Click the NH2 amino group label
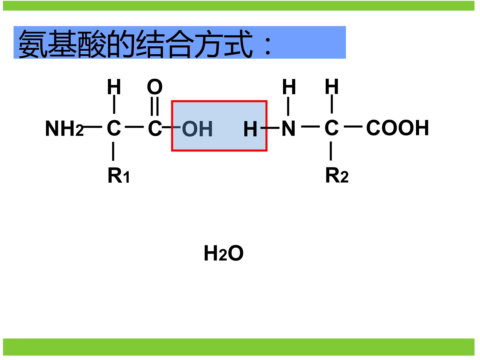pos(64,129)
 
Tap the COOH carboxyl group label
pos(398,128)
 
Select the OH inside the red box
pos(197,129)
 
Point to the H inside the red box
pos(250,129)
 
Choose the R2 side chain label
pos(337,175)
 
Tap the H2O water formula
pos(223,253)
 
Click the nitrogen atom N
pos(289,128)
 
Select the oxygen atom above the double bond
pos(155,87)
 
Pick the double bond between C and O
pos(155,106)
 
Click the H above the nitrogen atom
pos(289,87)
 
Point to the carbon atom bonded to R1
pos(114,128)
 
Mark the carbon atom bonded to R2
pos(332,128)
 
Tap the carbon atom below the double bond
pos(155,128)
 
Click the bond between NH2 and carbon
pos(93,127)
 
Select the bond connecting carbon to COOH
pos(353,127)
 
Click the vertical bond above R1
pos(113,151)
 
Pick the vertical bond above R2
pos(331,151)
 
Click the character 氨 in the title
pos(33,44)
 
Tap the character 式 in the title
pos(239,43)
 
